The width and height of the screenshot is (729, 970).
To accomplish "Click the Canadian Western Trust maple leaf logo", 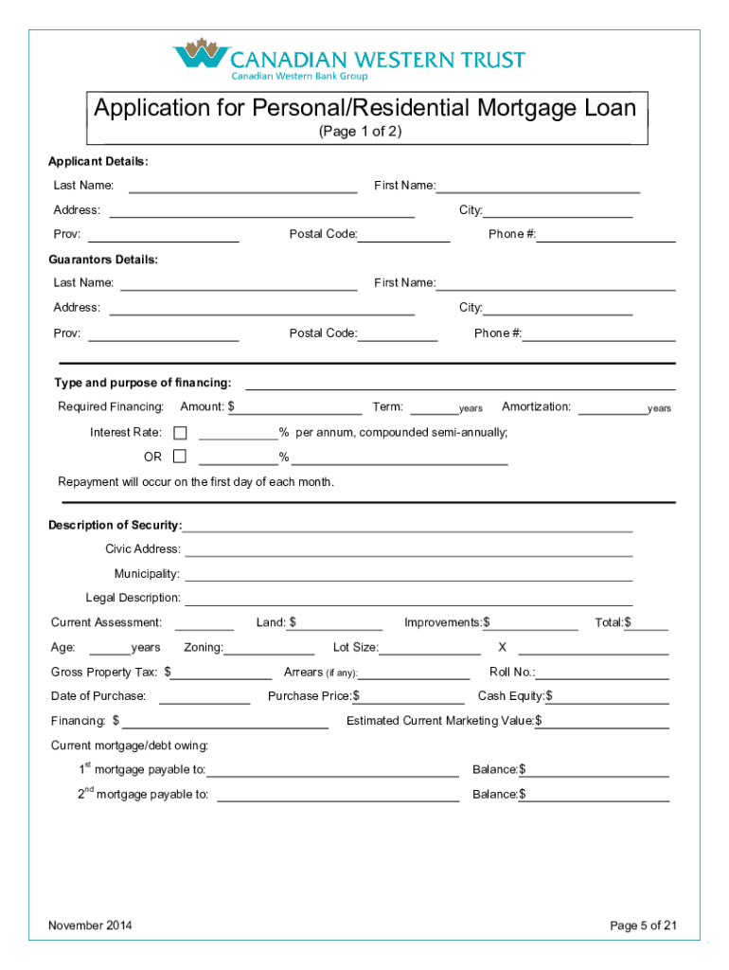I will pyautogui.click(x=201, y=56).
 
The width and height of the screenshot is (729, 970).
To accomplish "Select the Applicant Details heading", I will pyautogui.click(x=98, y=162).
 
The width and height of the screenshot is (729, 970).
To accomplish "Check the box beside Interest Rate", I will pyautogui.click(x=180, y=433).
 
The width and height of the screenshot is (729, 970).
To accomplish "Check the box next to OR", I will pyautogui.click(x=180, y=457).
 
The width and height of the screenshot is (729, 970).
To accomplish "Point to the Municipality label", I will pyautogui.click(x=147, y=574).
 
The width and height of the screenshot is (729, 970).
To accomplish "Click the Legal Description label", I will pyautogui.click(x=133, y=598).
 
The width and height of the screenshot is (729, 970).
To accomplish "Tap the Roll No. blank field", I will pyautogui.click(x=602, y=673).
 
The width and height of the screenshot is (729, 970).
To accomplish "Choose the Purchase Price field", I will pyautogui.click(x=415, y=697).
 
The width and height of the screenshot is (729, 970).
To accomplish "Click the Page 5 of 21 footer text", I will pyautogui.click(x=643, y=925).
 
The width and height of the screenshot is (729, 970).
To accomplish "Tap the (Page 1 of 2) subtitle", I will pyautogui.click(x=360, y=132).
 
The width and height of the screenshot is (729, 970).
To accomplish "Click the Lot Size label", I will pyautogui.click(x=355, y=648).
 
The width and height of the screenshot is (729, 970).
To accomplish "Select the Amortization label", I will pyautogui.click(x=536, y=406).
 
